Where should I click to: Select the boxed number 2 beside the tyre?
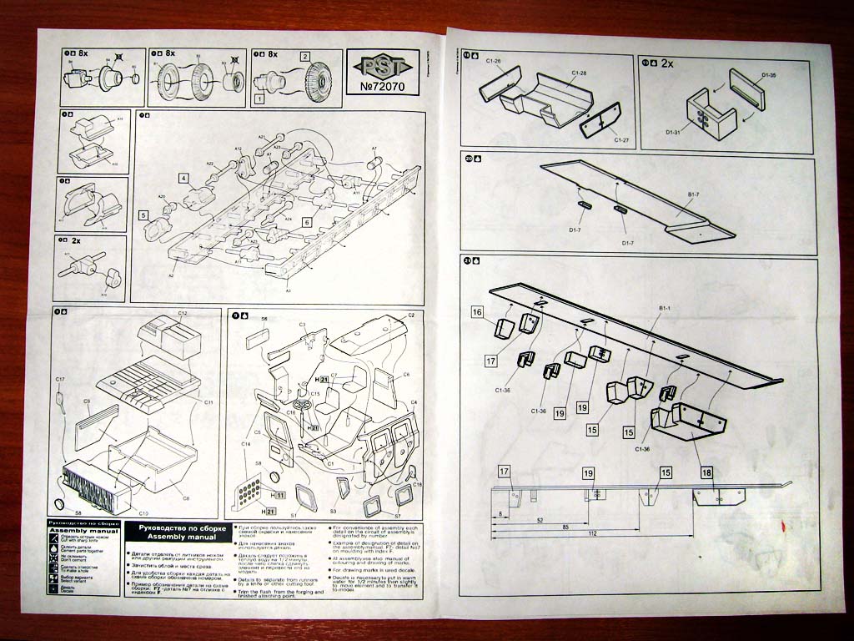pyautogui.click(x=305, y=57)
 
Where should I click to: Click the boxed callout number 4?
pyautogui.click(x=182, y=178)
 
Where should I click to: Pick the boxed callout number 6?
pyautogui.click(x=307, y=223)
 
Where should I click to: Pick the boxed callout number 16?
pyautogui.click(x=477, y=312)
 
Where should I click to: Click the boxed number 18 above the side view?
pyautogui.click(x=707, y=472)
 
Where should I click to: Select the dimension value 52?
pyautogui.click(x=541, y=520)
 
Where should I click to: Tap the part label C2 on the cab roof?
pyautogui.click(x=410, y=315)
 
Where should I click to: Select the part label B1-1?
pyautogui.click(x=665, y=310)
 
